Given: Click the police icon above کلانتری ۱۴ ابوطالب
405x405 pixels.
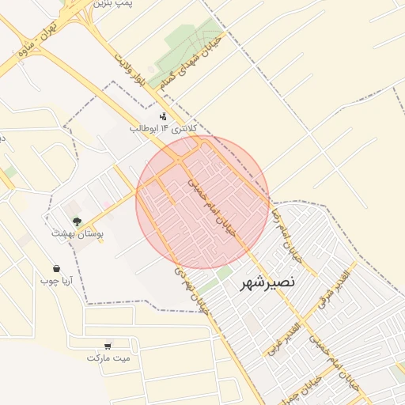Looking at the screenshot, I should click(x=163, y=116).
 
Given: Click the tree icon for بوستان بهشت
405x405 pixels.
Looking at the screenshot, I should click(x=77, y=222).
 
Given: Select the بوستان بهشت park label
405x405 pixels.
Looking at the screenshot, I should click(x=73, y=234).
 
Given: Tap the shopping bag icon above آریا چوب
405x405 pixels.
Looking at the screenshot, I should click(x=56, y=268).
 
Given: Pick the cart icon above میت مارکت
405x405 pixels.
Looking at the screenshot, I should click(x=108, y=346).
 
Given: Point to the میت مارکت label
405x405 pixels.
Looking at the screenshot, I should click(x=108, y=358).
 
